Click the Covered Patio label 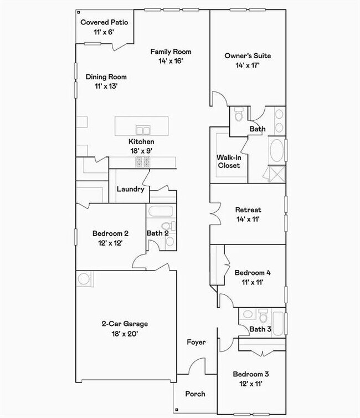[x=104, y=22]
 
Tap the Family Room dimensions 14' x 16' [x=171, y=61]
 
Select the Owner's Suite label [x=248, y=56]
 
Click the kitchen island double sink [x=143, y=130]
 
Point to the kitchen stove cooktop [x=142, y=162]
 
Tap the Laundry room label [x=131, y=189]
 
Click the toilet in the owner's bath [x=239, y=114]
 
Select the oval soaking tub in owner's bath [x=277, y=150]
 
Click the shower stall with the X [x=277, y=174]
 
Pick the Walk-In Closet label [x=229, y=161]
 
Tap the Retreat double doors [x=215, y=214]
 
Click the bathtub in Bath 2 [x=161, y=211]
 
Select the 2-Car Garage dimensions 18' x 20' [x=125, y=334]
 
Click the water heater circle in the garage [x=84, y=279]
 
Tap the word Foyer [x=196, y=342]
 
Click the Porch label [x=195, y=394]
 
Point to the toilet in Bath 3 [x=263, y=315]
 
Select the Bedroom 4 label [x=253, y=273]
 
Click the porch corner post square [x=177, y=410]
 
